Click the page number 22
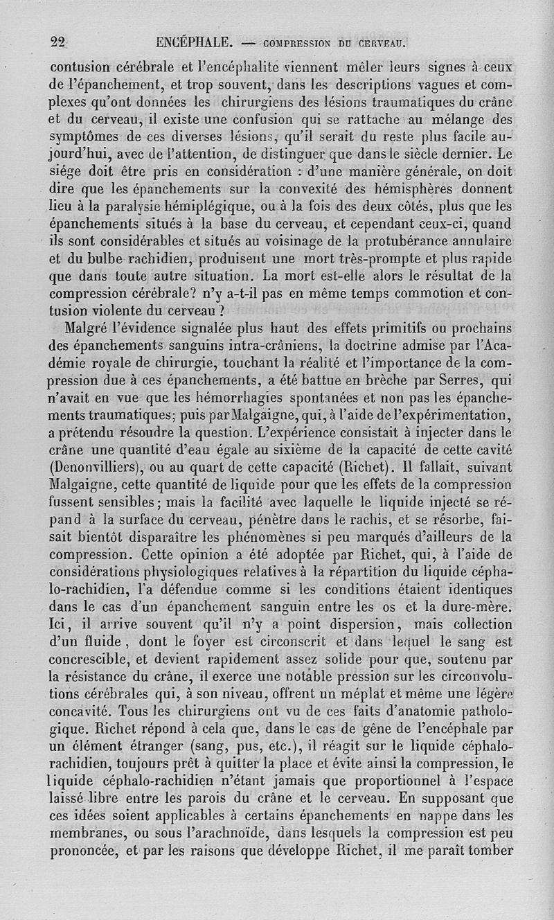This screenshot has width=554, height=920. (x=57, y=42)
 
